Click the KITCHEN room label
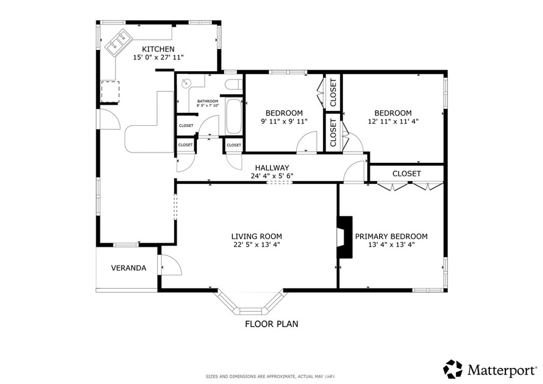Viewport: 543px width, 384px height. (158, 49)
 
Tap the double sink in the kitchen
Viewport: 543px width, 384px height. (118, 42)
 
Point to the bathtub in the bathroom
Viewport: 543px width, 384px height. (234, 116)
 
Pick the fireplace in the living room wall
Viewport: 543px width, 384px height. (345, 237)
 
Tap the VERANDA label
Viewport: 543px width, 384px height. (128, 268)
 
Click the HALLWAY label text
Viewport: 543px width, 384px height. (272, 168)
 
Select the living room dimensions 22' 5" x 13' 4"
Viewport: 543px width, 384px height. (257, 245)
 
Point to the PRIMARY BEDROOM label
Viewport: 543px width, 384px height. (391, 237)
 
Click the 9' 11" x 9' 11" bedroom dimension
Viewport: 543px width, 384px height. (284, 121)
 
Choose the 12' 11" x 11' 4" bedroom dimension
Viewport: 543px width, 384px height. (393, 121)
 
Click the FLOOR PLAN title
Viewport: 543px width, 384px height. (271, 324)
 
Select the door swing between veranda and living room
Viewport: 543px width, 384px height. (170, 265)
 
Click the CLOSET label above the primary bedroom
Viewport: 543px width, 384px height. (407, 173)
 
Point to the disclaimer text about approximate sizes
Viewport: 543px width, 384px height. (270, 377)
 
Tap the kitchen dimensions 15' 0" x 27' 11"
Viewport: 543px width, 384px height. (158, 57)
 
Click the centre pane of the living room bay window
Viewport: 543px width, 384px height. (251, 311)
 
